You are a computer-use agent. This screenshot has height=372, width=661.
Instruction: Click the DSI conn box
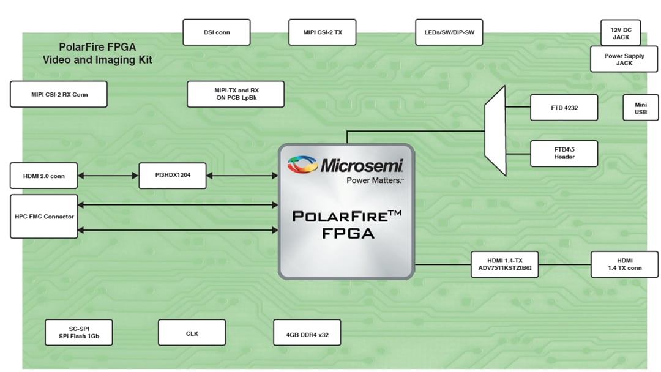pyautogui.click(x=216, y=32)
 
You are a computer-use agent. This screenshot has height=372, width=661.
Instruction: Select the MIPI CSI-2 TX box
pyautogui.click(x=323, y=32)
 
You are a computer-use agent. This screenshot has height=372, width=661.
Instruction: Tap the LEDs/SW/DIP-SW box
pyautogui.click(x=449, y=32)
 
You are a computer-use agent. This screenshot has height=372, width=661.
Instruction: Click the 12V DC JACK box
pyautogui.click(x=620, y=33)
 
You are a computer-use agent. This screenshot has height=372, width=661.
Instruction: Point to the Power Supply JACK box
pyautogui.click(x=624, y=59)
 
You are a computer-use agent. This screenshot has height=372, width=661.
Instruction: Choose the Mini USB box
pyautogui.click(x=641, y=108)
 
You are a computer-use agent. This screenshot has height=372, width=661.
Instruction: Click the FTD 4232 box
pyautogui.click(x=564, y=108)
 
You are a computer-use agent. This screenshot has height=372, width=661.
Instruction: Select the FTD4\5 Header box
pyautogui.click(x=564, y=153)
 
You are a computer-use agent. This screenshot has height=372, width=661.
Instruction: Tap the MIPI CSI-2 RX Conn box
pyautogui.click(x=59, y=94)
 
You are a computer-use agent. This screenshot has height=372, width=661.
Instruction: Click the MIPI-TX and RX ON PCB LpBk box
pyautogui.click(x=236, y=94)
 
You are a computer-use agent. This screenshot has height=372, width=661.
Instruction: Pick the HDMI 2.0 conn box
pyautogui.click(x=43, y=176)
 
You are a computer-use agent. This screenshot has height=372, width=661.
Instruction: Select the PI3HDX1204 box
pyautogui.click(x=172, y=176)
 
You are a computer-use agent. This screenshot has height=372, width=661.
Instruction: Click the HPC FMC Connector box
pyautogui.click(x=44, y=217)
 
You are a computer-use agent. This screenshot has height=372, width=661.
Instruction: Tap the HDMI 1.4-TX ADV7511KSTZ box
pyautogui.click(x=504, y=264)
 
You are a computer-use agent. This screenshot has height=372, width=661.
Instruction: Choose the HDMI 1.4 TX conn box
pyautogui.click(x=624, y=264)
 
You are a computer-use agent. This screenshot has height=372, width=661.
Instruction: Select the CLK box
pyautogui.click(x=192, y=333)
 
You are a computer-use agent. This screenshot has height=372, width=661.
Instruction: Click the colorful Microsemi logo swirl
pyautogui.click(x=302, y=165)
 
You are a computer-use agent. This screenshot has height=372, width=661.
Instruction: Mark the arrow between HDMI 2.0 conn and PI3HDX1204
pyautogui.click(x=108, y=176)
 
